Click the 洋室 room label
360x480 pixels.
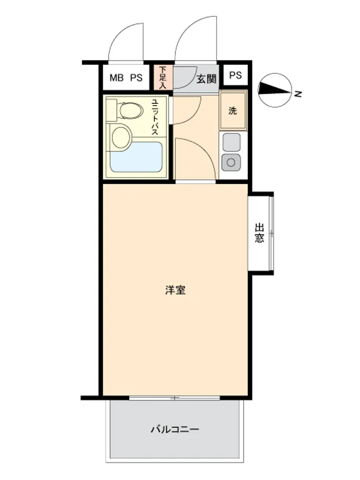click(x=175, y=289)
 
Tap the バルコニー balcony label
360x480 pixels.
click(x=175, y=429)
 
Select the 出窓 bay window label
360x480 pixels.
click(x=259, y=233)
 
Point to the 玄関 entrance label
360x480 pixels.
click(x=206, y=79)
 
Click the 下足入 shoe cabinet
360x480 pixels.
click(x=163, y=77)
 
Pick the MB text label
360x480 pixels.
click(x=117, y=78)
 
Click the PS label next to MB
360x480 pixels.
click(x=136, y=78)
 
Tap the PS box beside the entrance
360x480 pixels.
click(x=235, y=75)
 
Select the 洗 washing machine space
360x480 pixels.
click(x=233, y=110)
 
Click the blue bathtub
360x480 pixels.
click(x=136, y=157)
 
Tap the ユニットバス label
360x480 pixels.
click(x=155, y=117)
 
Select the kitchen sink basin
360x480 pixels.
click(x=231, y=142)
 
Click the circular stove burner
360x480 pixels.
click(x=231, y=162)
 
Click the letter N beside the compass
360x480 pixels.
click(x=298, y=94)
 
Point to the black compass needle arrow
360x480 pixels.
click(x=274, y=89)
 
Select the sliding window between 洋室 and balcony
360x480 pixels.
click(x=175, y=398)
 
